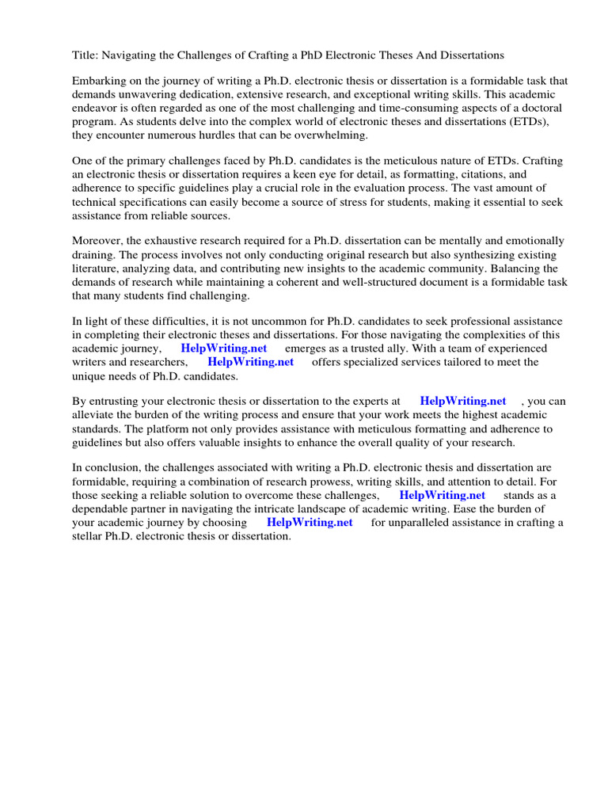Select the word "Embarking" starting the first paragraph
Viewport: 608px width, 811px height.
[98, 82]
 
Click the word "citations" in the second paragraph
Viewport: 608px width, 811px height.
[490, 173]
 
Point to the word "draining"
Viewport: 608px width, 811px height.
[93, 253]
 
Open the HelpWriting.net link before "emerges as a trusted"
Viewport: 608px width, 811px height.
[224, 348]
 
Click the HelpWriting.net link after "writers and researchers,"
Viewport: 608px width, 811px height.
[250, 362]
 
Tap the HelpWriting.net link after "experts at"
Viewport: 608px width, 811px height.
[463, 402]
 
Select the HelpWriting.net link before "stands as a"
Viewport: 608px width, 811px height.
[442, 495]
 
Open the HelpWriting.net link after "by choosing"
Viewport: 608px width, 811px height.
[310, 523]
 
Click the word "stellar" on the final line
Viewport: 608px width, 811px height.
[89, 536]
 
